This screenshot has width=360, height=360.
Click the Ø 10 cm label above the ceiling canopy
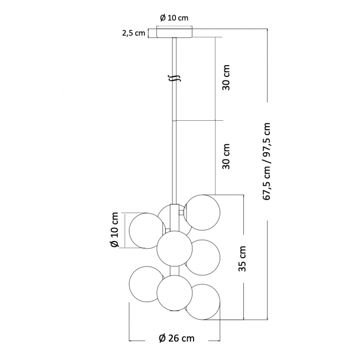[174, 18]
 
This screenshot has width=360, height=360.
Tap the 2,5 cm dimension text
[134, 33]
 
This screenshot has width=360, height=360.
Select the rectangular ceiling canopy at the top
[175, 32]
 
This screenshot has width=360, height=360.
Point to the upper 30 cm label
[226, 78]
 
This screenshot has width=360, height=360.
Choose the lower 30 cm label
[226, 156]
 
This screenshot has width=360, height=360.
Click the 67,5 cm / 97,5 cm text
[266, 162]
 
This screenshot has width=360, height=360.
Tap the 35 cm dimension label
[242, 259]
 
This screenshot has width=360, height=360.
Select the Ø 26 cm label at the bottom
[176, 338]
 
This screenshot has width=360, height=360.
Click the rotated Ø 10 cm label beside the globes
[114, 230]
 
